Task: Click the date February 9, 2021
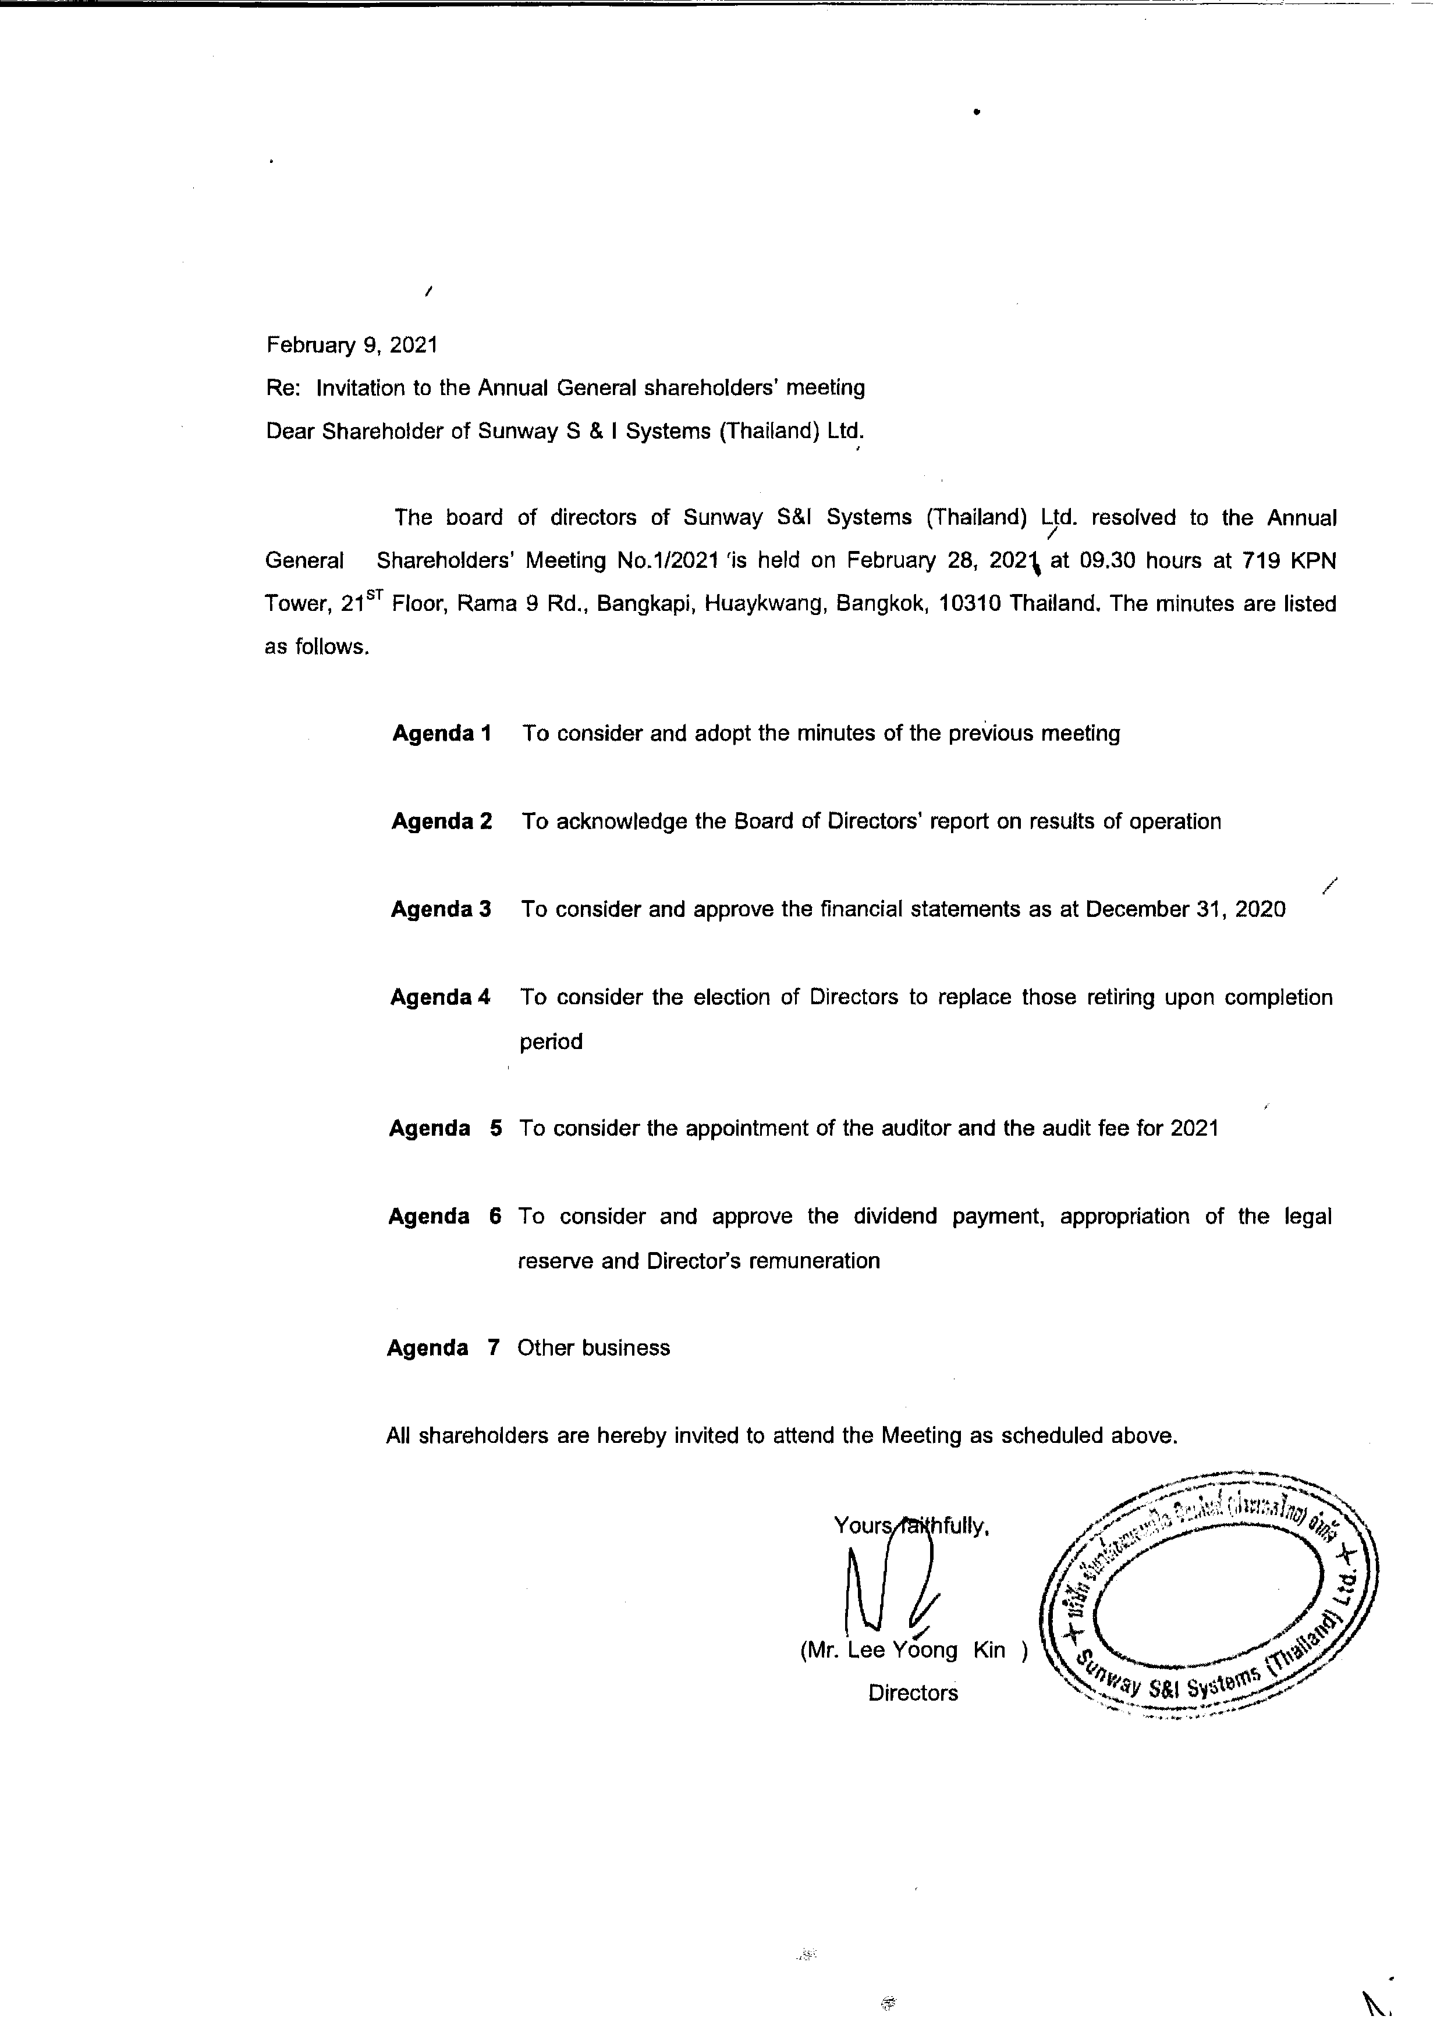tap(351, 345)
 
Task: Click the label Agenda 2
tap(441, 822)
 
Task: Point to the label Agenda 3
tap(441, 909)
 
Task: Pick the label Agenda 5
tap(445, 1129)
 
